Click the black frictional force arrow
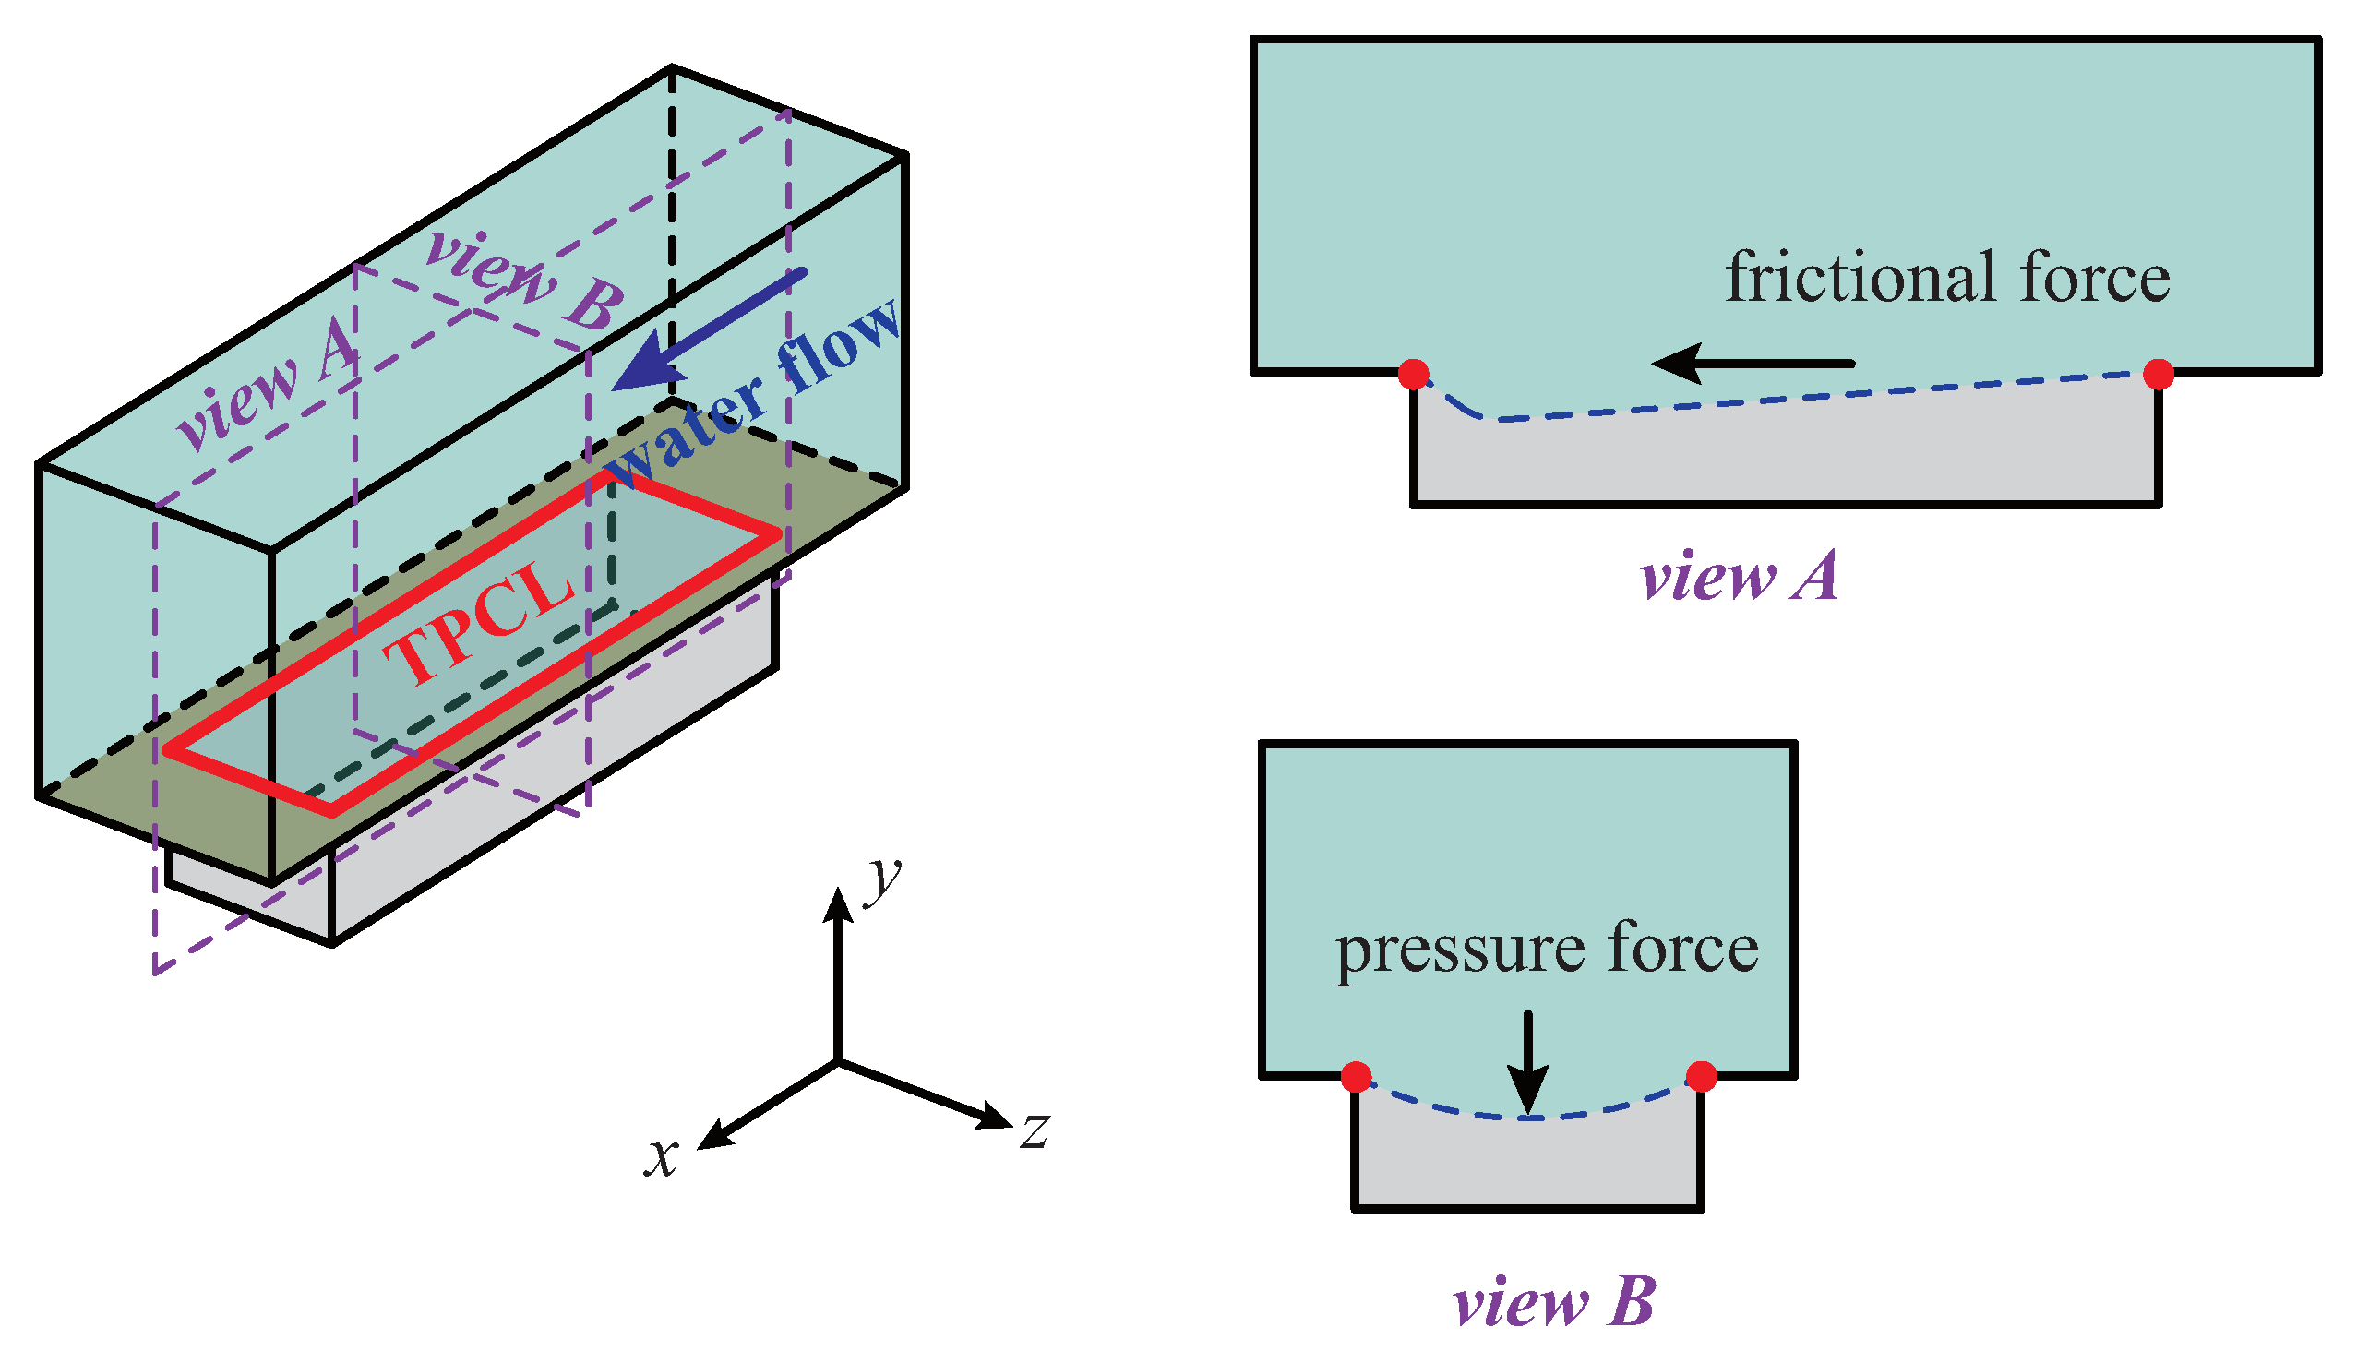coord(1753,363)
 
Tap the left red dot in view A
coord(1413,374)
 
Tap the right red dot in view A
coord(2158,374)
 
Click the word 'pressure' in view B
coord(1459,951)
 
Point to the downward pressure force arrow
coord(1528,1063)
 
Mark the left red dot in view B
coord(1357,1077)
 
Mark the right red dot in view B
coord(1702,1077)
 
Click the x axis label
coord(662,1158)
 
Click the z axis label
coord(1034,1130)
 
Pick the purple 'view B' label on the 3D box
coord(524,281)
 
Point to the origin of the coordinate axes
coord(838,1062)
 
